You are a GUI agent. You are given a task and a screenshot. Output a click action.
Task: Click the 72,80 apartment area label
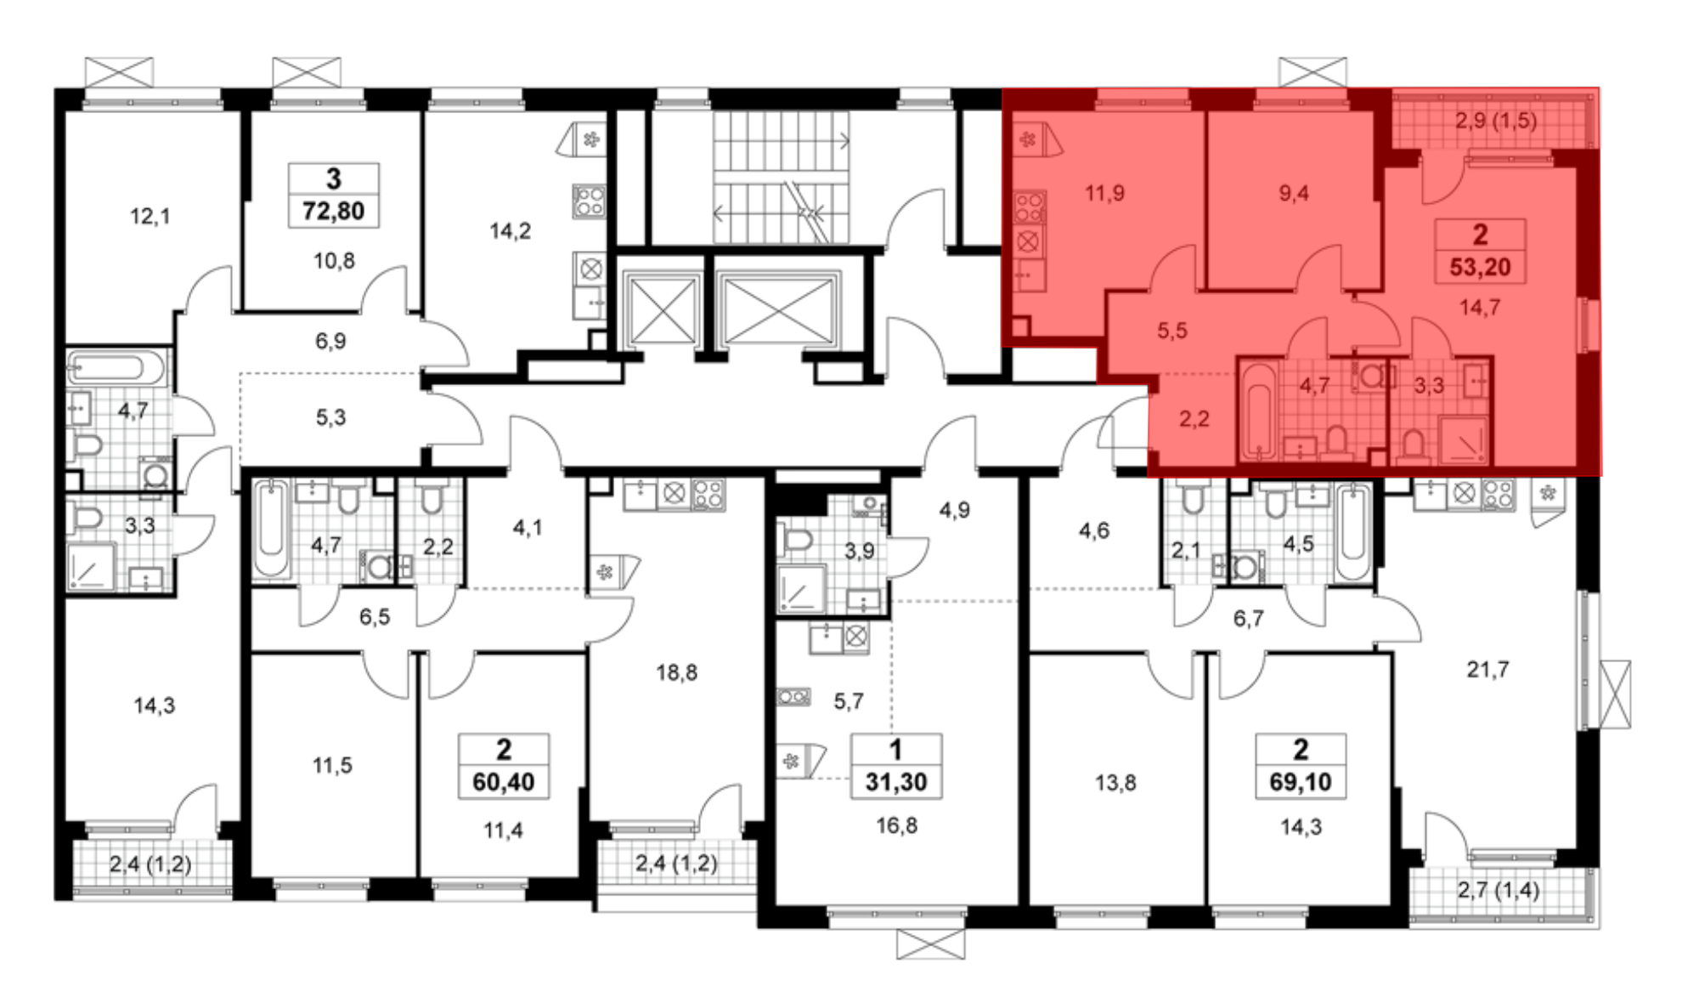333,211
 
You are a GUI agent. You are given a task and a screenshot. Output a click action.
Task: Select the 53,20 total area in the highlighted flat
1480,267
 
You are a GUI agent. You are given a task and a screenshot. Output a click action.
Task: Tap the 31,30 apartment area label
896,782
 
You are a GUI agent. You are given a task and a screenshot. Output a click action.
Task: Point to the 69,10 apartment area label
1301,782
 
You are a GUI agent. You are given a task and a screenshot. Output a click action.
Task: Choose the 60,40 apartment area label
504,782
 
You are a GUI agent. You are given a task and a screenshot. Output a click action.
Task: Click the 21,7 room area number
1488,670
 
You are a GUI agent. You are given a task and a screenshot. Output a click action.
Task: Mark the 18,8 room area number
676,673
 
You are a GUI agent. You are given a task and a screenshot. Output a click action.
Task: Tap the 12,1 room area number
150,217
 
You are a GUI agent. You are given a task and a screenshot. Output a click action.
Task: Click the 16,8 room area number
896,825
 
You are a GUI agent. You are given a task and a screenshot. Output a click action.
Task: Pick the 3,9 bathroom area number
859,551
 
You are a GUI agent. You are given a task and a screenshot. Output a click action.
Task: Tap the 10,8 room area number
334,261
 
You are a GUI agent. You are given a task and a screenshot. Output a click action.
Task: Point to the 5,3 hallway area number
330,417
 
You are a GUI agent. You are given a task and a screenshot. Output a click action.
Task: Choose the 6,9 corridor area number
330,342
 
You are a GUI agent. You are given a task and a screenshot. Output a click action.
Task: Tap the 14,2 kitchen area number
510,231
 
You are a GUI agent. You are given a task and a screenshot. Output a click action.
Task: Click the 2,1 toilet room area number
1186,551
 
